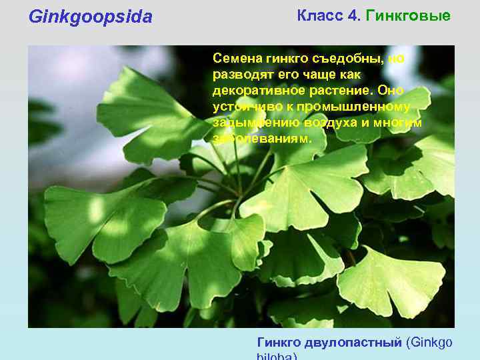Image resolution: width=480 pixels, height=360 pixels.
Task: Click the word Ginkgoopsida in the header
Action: [x=91, y=17]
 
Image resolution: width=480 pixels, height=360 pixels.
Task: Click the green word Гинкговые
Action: [x=409, y=15]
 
